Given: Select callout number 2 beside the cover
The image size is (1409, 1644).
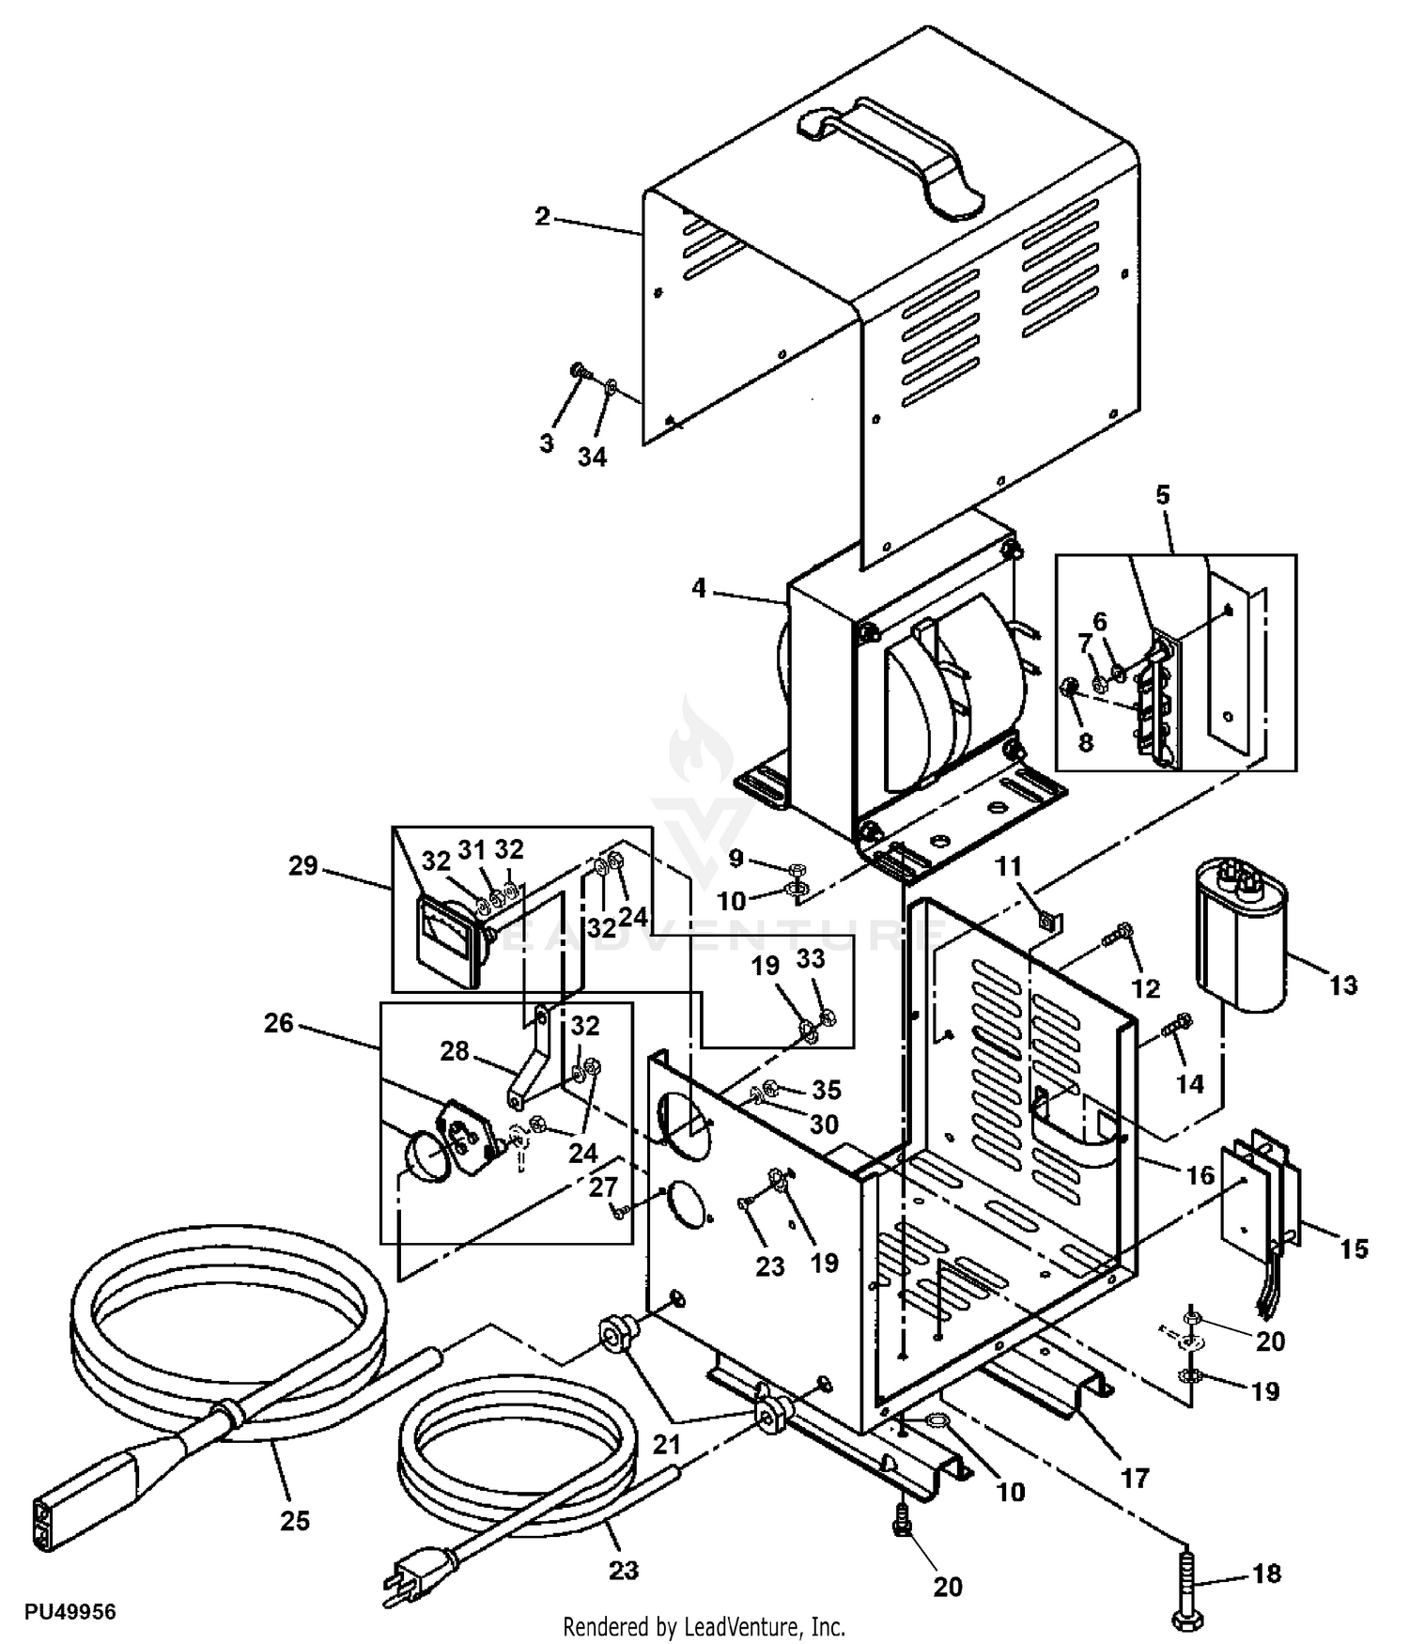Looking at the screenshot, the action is click(x=542, y=216).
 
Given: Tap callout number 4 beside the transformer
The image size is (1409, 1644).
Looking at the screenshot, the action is click(x=698, y=589).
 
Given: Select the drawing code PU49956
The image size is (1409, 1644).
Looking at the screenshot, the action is click(x=70, y=1612).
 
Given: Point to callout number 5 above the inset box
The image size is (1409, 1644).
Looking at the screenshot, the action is click(x=1163, y=495).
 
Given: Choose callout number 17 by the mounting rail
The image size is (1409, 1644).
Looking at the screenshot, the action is click(x=1135, y=1479).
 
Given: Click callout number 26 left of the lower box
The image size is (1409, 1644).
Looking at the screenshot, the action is click(x=279, y=1023).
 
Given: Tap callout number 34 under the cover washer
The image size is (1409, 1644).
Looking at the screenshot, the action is click(x=592, y=458).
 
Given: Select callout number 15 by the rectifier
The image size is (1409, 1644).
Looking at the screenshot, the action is click(x=1354, y=1249).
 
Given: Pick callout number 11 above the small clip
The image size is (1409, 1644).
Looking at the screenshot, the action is click(x=1008, y=866).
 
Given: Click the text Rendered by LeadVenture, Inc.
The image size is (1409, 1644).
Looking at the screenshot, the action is click(x=704, y=1626).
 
